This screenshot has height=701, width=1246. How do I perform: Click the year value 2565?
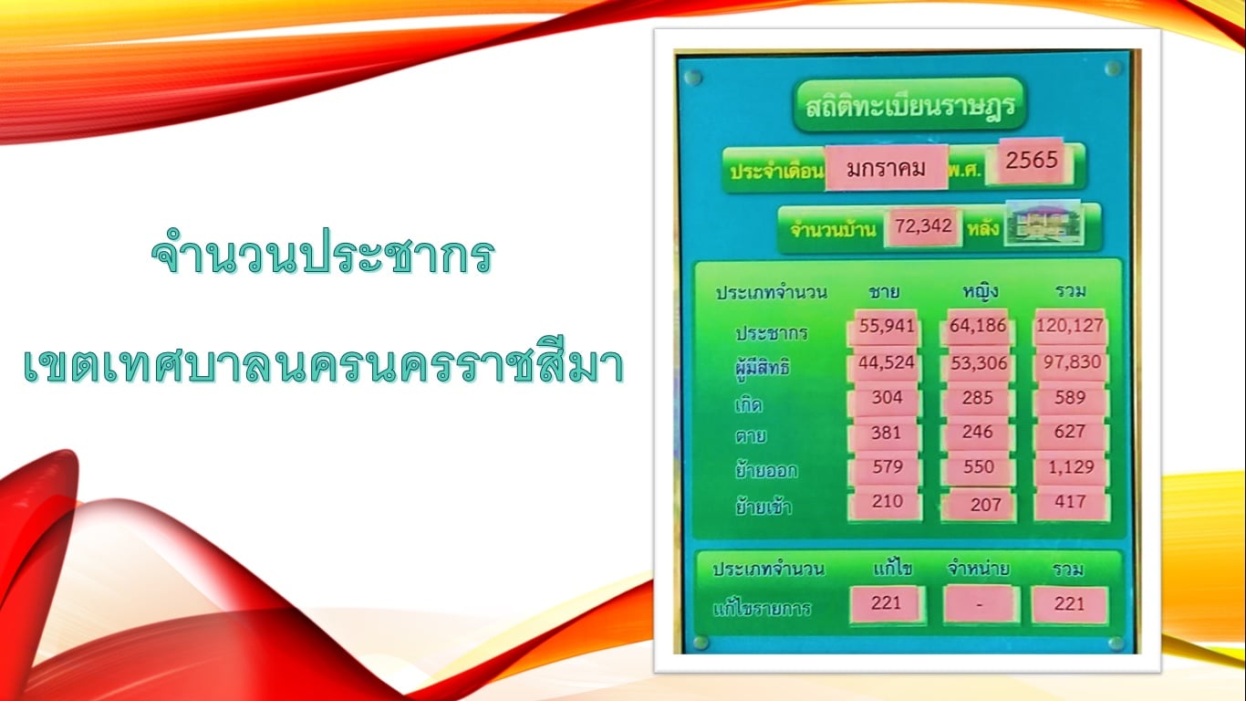(x=1032, y=161)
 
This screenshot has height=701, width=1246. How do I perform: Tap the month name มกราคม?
(x=886, y=168)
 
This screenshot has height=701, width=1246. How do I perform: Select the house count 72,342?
(x=923, y=225)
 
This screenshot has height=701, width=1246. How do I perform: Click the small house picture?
(x=1044, y=224)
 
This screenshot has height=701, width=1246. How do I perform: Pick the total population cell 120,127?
(x=1070, y=325)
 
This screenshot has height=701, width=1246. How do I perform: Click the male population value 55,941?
(x=886, y=325)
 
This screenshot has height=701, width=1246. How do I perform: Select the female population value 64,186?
(x=977, y=325)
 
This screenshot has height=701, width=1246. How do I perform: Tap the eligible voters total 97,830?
(x=1072, y=362)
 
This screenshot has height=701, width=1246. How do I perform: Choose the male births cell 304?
(x=887, y=397)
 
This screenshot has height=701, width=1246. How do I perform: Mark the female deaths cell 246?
(x=977, y=432)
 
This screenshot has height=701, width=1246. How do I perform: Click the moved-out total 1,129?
(x=1071, y=467)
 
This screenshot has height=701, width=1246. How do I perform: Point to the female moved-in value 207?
(x=986, y=505)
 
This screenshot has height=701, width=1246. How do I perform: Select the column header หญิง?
(x=981, y=292)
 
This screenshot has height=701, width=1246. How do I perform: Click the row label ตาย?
(x=751, y=436)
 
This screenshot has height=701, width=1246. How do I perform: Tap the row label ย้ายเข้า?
(x=763, y=506)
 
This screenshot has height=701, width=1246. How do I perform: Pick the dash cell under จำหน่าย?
(x=980, y=604)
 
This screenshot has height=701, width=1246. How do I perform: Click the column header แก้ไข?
(x=892, y=568)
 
